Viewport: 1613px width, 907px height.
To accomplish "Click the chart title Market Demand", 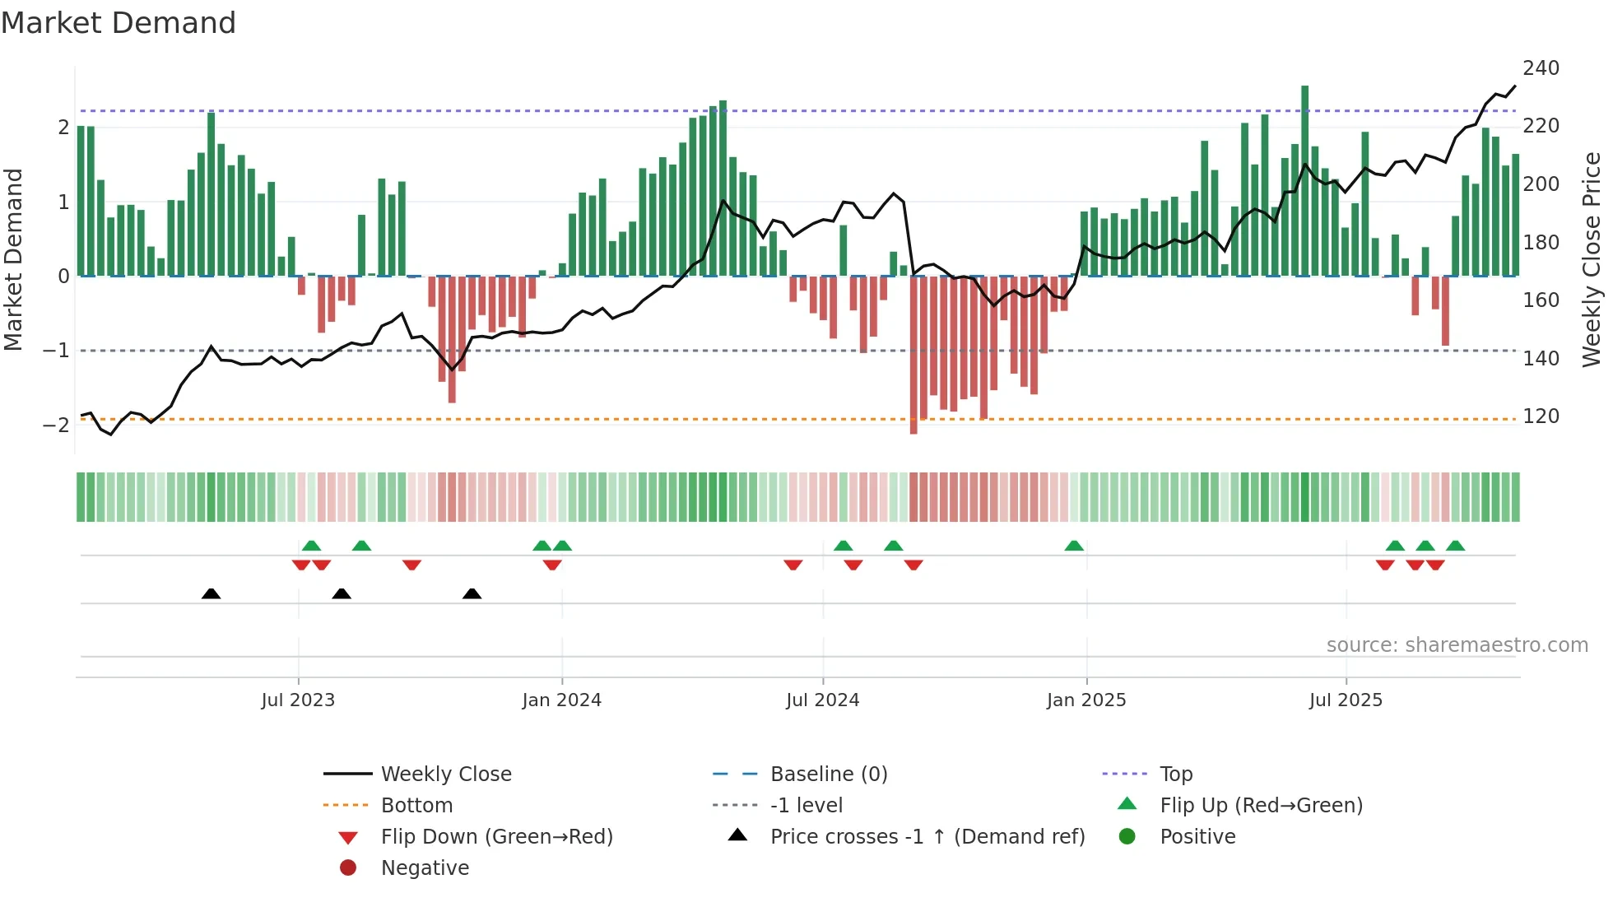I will pyautogui.click(x=119, y=23).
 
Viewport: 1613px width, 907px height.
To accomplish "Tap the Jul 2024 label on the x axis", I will pyautogui.click(x=822, y=700).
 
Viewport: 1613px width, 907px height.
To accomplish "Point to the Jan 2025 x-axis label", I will pyautogui.click(x=1085, y=700).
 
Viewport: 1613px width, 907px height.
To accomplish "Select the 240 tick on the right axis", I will pyautogui.click(x=1541, y=68).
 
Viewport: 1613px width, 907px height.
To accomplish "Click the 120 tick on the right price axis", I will pyautogui.click(x=1541, y=416).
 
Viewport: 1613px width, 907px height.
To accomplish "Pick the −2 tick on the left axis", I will pyautogui.click(x=56, y=426).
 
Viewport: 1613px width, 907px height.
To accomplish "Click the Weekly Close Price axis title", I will pyautogui.click(x=1592, y=259).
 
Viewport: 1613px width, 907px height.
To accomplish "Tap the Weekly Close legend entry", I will pyautogui.click(x=445, y=774).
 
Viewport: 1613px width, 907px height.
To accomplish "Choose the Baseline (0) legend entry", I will pyautogui.click(x=828, y=774).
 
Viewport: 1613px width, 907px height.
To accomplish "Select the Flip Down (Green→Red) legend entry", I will pyautogui.click(x=496, y=837).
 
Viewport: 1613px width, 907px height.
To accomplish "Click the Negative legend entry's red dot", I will pyautogui.click(x=348, y=868).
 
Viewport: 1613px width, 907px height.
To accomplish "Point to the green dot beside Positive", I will pyautogui.click(x=1127, y=837).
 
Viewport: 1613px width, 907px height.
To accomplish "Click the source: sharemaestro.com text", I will pyautogui.click(x=1457, y=645).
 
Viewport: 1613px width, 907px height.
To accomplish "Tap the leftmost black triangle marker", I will pyautogui.click(x=211, y=593).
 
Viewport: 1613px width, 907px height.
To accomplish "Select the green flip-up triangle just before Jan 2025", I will pyautogui.click(x=1074, y=546).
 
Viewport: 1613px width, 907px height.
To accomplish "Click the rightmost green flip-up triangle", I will pyautogui.click(x=1455, y=546).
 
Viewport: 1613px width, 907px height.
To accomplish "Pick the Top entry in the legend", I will pyautogui.click(x=1175, y=774).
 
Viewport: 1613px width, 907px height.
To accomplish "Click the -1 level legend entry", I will pyautogui.click(x=806, y=806).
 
